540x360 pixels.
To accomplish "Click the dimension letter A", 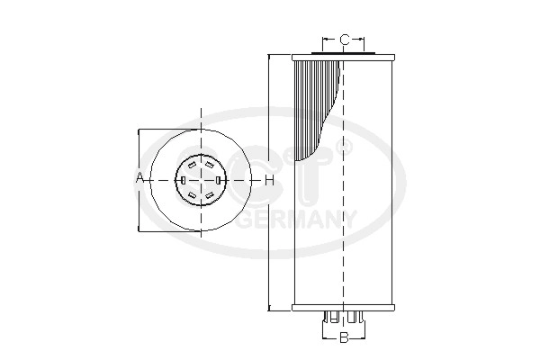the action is tap(139, 178).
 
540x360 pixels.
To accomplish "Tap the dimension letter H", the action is tap(270, 180).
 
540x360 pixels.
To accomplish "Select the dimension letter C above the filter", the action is tap(344, 40).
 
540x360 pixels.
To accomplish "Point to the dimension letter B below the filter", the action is tap(344, 337).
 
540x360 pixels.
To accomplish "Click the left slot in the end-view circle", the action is tap(184, 180).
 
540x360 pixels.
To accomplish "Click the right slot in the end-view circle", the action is tap(218, 180).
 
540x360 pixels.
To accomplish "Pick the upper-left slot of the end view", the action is tap(193, 165).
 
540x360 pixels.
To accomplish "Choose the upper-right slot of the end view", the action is tap(209, 165).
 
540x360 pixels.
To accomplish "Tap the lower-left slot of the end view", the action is tap(193, 195).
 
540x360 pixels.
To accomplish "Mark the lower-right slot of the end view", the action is tap(209, 195).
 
